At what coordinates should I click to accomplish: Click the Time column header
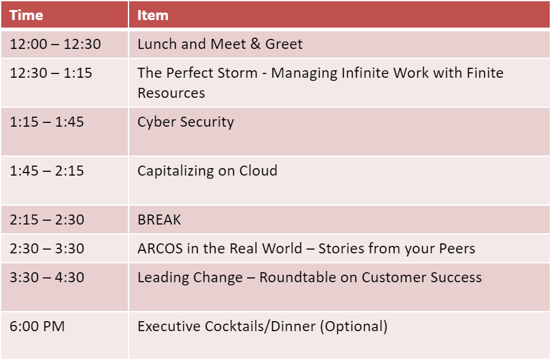coord(26,15)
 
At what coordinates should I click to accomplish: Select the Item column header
coord(152,15)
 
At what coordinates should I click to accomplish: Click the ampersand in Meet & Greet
coord(256,44)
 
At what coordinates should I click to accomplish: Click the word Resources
coord(171,93)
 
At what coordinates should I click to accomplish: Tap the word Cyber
coord(157,122)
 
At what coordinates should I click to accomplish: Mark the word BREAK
coord(159,220)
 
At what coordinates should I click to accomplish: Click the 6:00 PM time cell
coord(37,326)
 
